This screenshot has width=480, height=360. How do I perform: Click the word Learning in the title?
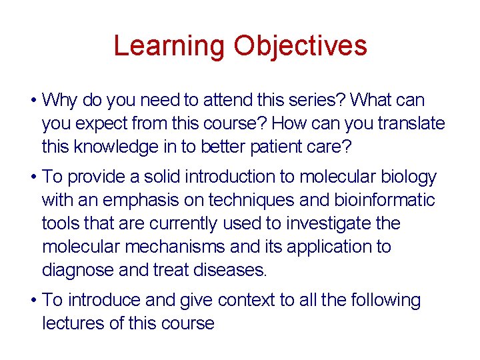click(x=170, y=46)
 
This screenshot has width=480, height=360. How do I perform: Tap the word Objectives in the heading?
click(x=300, y=46)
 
